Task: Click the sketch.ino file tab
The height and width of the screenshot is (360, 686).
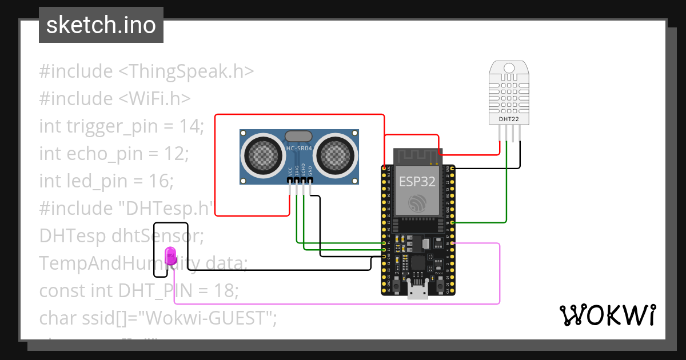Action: [x=101, y=25]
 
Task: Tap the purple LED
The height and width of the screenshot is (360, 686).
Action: [x=170, y=255]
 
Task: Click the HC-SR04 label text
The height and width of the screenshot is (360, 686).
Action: [x=299, y=149]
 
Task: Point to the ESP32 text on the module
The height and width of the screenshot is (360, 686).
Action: [x=417, y=182]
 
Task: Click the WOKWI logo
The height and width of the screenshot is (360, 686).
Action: [x=607, y=315]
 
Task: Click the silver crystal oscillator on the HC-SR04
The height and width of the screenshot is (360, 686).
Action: [x=298, y=136]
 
